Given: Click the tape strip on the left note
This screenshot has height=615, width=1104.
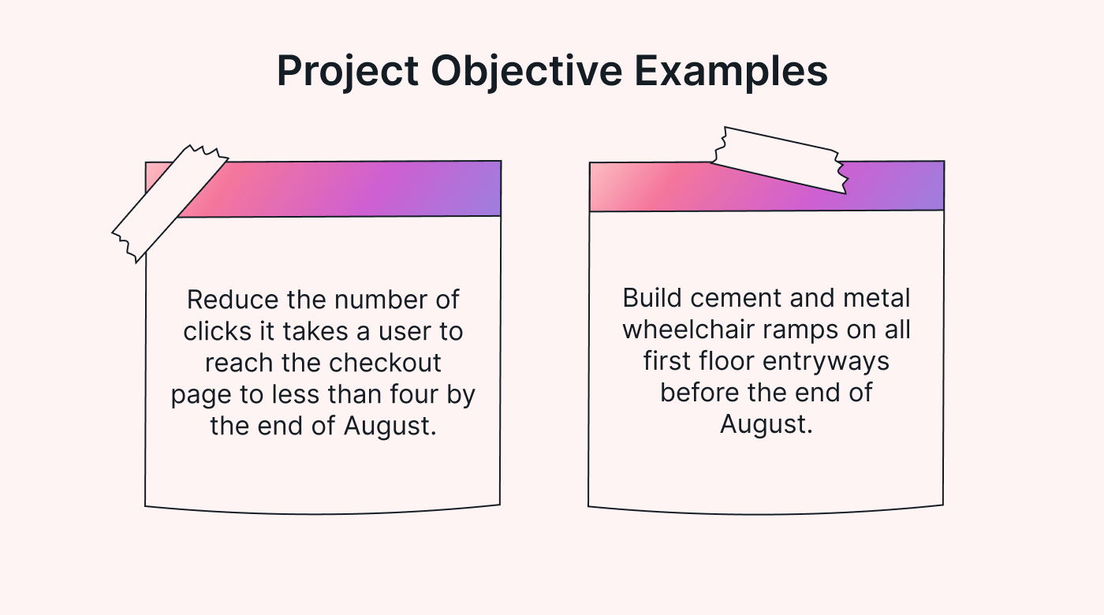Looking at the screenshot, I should coord(170,203).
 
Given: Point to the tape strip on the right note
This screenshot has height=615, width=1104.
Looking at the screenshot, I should coord(779,160).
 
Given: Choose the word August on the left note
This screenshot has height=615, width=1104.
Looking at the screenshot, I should coord(389,425).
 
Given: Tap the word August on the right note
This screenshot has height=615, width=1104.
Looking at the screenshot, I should coord(765,423).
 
